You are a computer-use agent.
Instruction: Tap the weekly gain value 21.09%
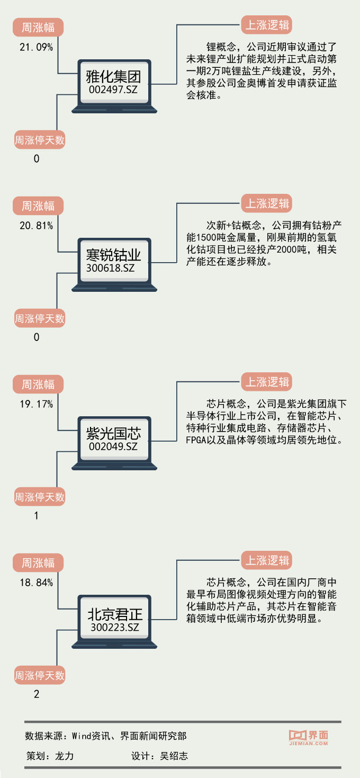(x=36, y=48)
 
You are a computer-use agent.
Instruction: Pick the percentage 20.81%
(x=36, y=226)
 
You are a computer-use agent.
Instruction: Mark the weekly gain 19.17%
(x=36, y=405)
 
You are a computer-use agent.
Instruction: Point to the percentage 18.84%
(x=36, y=583)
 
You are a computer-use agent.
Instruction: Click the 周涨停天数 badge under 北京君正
(x=39, y=676)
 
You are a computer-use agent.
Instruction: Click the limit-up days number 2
(x=37, y=694)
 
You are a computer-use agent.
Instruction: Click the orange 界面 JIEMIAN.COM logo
(x=308, y=737)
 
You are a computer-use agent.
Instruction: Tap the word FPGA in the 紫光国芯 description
(x=197, y=441)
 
